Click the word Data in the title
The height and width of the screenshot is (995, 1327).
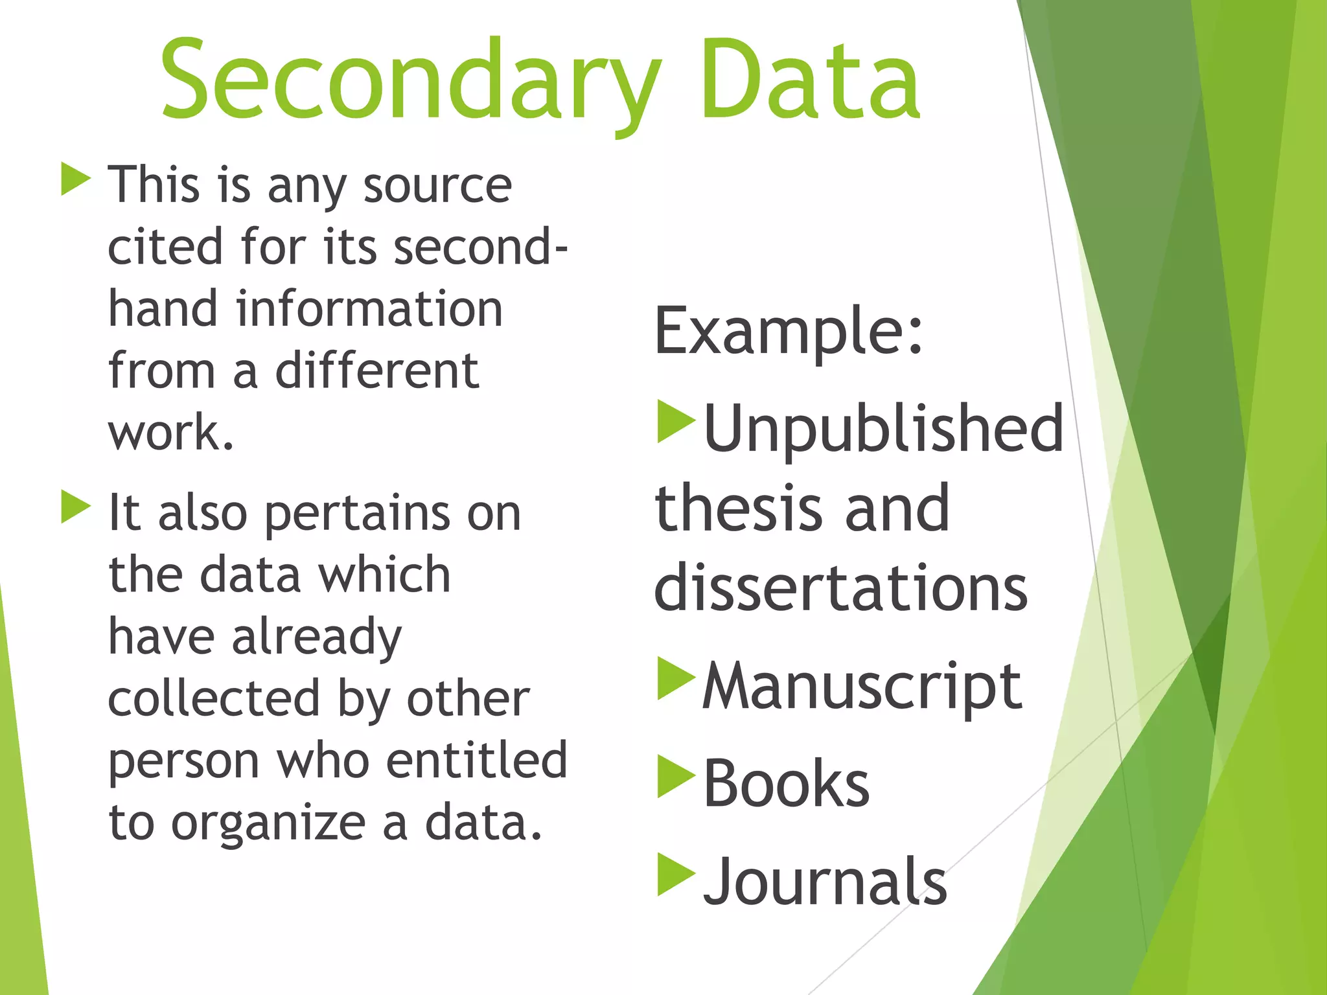[x=810, y=81]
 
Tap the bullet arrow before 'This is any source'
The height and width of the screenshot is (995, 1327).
[x=75, y=179]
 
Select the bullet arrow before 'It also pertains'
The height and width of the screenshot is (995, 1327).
[x=75, y=507]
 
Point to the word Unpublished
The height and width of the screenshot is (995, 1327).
[x=883, y=428]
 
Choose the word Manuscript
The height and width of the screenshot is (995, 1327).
[x=862, y=687]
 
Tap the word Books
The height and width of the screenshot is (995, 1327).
[x=786, y=784]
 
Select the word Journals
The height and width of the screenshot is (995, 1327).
[x=825, y=882]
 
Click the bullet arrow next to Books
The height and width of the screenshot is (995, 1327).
[x=675, y=776]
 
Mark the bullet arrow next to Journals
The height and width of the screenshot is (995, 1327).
[x=675, y=875]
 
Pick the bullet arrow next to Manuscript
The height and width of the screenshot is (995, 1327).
[x=675, y=678]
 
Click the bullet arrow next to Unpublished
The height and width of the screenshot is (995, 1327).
[x=675, y=421]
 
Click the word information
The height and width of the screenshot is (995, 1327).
[x=369, y=309]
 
